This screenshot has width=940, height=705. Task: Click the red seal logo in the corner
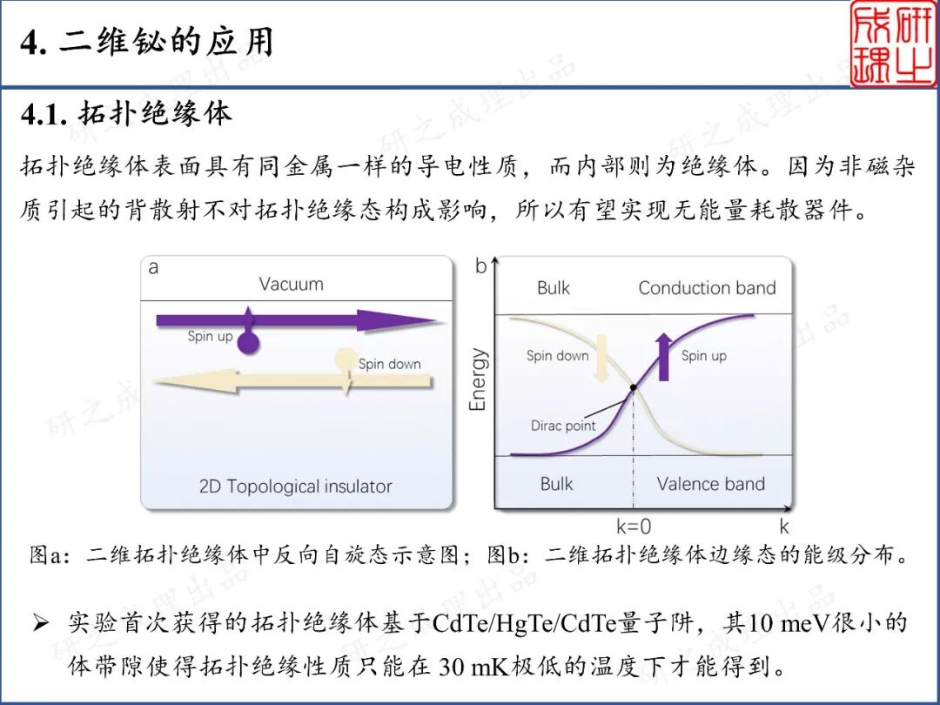tap(893, 44)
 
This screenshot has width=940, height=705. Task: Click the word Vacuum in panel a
tap(291, 284)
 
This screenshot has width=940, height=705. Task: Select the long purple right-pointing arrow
tap(296, 321)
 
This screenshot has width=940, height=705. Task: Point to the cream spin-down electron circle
tap(346, 359)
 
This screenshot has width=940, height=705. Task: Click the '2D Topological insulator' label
tap(296, 486)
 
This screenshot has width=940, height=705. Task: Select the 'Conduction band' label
tap(707, 288)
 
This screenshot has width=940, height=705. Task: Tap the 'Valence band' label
tap(710, 484)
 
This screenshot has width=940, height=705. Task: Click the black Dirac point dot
tap(633, 386)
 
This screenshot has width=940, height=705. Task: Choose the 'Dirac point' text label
tap(563, 426)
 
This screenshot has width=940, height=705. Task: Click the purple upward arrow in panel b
tap(664, 356)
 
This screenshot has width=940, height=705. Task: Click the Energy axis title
tap(478, 379)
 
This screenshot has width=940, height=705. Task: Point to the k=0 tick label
tap(634, 526)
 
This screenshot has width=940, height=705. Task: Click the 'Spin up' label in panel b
tap(703, 355)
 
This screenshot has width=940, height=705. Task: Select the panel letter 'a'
tap(154, 267)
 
